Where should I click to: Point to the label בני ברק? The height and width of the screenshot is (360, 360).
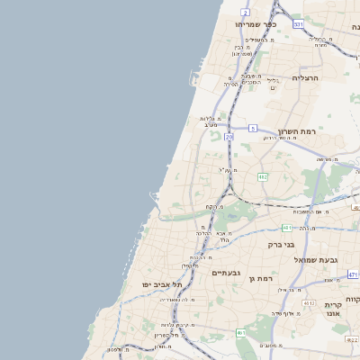(x=282, y=243)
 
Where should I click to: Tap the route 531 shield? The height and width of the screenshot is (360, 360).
(x=298, y=24)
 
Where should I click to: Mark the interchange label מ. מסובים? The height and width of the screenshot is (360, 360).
(x=270, y=345)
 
